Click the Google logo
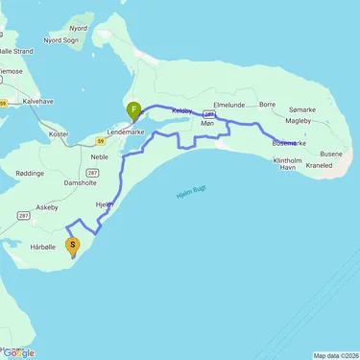(x=19, y=352)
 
